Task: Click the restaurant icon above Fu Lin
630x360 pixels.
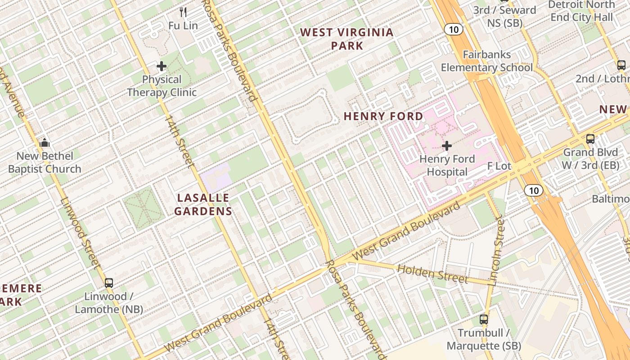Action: pos(183,12)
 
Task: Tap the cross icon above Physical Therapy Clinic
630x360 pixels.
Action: pos(162,67)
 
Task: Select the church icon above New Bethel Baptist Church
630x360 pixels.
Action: pos(45,143)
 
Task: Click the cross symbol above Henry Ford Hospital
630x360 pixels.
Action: pos(447,146)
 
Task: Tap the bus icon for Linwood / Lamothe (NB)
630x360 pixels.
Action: pos(109,283)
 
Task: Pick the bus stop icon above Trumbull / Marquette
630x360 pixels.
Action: pos(484,320)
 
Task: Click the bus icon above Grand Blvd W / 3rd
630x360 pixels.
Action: pos(590,139)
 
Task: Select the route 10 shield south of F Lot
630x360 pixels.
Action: pos(534,190)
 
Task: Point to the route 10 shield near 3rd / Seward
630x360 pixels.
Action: pos(454,30)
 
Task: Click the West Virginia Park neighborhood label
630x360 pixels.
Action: pos(346,39)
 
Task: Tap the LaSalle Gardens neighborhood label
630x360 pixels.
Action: pos(203,204)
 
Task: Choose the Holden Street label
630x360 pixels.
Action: pos(433,274)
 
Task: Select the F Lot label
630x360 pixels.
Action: pos(499,166)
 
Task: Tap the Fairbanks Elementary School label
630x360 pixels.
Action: pos(486,61)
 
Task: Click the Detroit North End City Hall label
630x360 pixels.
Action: pos(580,11)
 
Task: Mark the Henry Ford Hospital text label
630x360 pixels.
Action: pos(447,165)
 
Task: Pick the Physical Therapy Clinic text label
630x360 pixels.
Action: pos(162,86)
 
